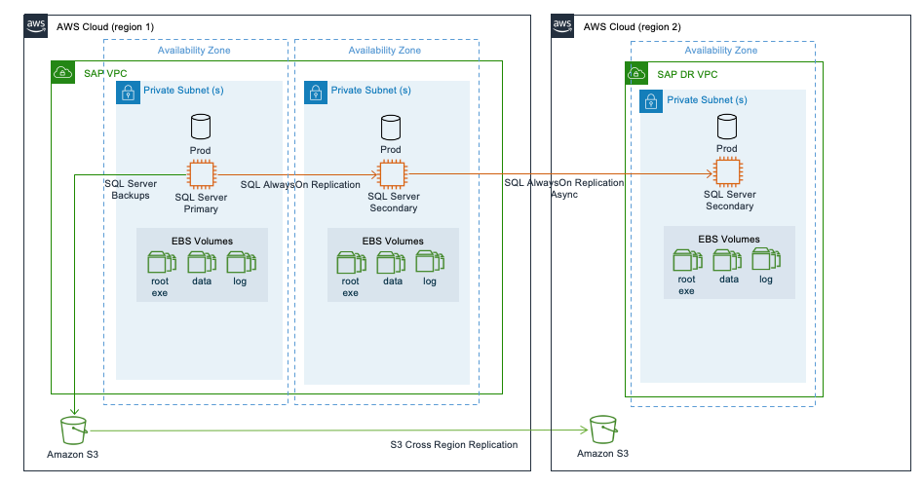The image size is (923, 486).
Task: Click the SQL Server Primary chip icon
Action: (201, 174)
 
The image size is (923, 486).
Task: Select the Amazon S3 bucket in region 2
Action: (601, 429)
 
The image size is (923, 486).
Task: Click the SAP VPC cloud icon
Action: (62, 73)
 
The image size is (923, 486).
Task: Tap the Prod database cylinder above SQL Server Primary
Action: (201, 127)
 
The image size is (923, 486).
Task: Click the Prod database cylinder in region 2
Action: (726, 127)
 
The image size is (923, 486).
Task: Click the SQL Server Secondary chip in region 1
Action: (391, 174)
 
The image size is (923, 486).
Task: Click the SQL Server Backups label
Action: (129, 189)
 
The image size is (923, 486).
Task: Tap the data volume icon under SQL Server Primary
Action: (201, 262)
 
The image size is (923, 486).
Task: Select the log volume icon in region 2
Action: (765, 260)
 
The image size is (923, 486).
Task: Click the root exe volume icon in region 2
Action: (686, 260)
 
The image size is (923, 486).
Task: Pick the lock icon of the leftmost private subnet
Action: (127, 92)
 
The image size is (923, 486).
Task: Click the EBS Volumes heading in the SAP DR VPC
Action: (728, 239)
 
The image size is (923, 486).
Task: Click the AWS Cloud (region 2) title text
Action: (632, 26)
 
